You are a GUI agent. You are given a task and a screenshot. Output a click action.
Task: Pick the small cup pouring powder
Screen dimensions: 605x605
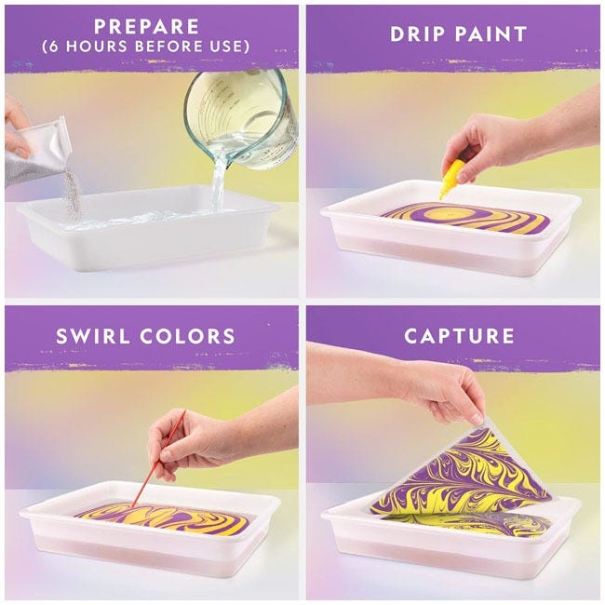[x=41, y=148]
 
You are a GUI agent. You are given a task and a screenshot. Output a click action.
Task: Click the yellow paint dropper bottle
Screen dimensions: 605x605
[x=453, y=178]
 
